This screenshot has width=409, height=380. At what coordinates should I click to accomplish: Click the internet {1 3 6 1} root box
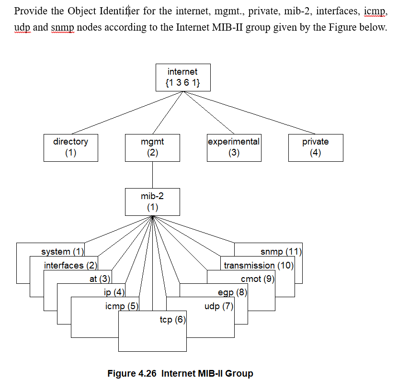pos(182,78)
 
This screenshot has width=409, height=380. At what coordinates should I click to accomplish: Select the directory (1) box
pos(70,147)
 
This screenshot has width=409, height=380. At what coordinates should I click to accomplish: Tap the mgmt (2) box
pos(152,147)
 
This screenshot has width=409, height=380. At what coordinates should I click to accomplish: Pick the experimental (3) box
pos(234,147)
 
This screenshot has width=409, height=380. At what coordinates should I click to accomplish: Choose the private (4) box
pos(315,147)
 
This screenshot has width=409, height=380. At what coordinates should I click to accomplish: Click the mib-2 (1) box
pos(152,201)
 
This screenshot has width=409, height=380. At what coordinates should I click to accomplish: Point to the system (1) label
pos(62,252)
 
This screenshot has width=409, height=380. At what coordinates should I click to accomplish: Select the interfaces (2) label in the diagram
pos(70,265)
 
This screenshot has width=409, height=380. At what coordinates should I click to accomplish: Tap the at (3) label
pos(100,279)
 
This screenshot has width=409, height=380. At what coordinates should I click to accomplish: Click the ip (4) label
pos(114,292)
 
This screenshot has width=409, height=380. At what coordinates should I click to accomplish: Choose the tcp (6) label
pos(172,320)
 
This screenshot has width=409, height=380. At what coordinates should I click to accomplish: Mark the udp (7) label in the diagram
pos(219,306)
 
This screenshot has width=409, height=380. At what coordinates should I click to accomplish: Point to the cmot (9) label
pos(257,279)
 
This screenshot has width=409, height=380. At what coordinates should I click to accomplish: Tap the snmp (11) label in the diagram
pos(280,252)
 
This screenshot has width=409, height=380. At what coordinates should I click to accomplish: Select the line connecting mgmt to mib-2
pos(152,175)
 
